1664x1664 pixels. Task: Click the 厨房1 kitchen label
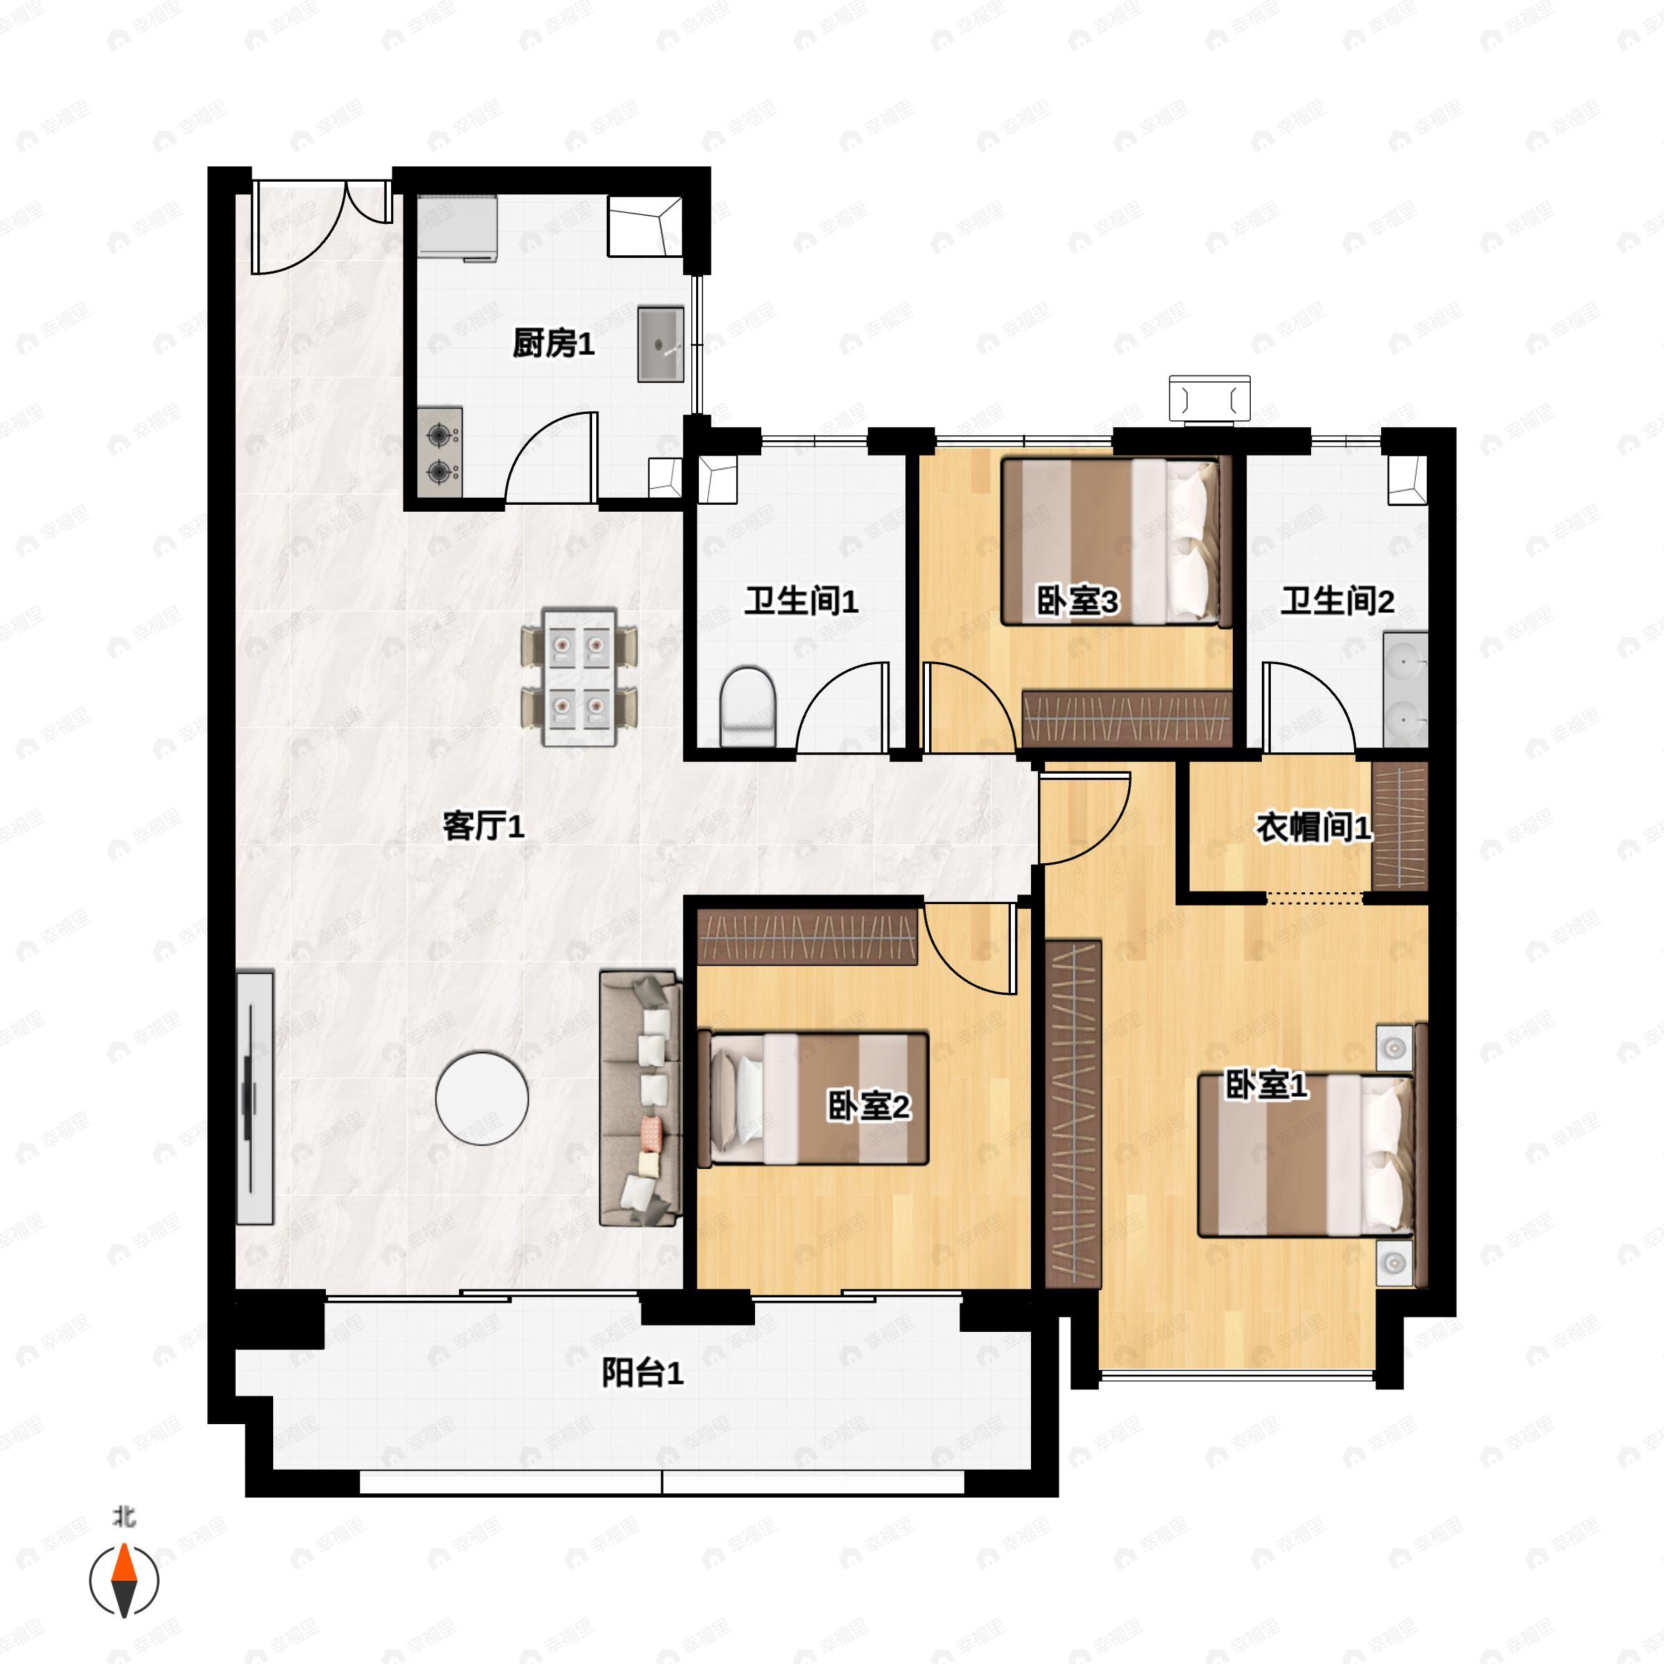click(553, 345)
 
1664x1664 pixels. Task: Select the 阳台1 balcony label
click(643, 1373)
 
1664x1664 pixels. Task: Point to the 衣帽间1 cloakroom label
click(1313, 828)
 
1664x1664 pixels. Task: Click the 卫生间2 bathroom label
click(1337, 601)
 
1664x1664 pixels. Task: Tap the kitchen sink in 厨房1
click(661, 344)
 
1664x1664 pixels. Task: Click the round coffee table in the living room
click(481, 1098)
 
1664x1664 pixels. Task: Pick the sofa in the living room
click(640, 1098)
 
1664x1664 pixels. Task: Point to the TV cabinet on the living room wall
click(255, 1098)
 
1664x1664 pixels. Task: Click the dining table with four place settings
click(580, 677)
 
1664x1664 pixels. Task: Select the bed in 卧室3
click(1111, 541)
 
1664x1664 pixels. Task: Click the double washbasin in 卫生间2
click(1405, 689)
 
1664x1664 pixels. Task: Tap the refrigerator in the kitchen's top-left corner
click(458, 228)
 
